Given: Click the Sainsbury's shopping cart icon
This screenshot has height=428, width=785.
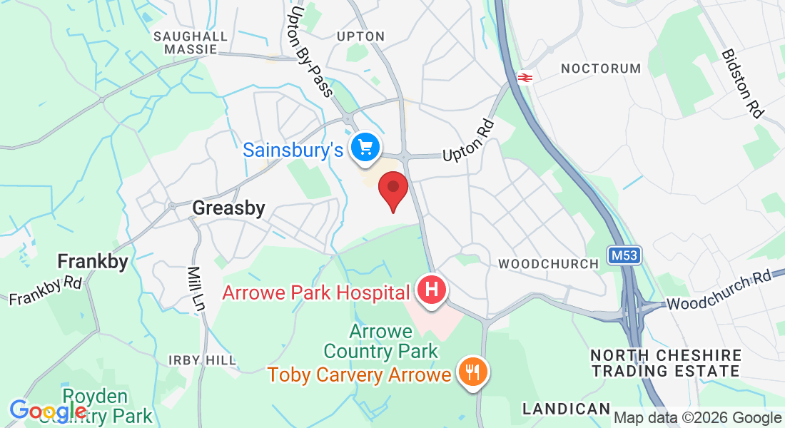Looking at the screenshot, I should [x=365, y=148].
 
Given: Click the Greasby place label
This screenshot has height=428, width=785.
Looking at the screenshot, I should [x=228, y=208].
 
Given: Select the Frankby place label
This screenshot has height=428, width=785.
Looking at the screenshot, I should [x=93, y=261].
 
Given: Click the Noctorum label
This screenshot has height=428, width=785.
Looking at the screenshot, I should [x=601, y=68].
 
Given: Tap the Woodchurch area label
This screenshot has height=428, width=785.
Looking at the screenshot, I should [x=548, y=264].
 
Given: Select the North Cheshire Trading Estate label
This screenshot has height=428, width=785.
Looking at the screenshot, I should [x=666, y=363].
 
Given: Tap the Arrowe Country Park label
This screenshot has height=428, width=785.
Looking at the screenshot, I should [x=380, y=342].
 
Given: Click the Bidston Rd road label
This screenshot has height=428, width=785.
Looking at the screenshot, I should [x=741, y=83].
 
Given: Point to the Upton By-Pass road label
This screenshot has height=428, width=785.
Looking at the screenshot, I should [x=309, y=51].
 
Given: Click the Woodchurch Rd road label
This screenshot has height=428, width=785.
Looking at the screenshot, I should [x=721, y=289].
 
